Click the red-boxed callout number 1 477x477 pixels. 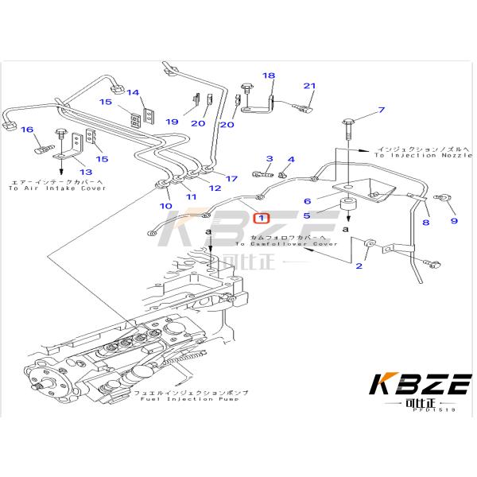(261, 217)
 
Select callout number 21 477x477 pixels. (309, 87)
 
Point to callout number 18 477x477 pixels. (269, 76)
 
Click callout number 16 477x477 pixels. (26, 130)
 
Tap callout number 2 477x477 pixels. (359, 266)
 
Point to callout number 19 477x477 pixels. (172, 122)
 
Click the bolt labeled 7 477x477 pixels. (351, 123)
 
